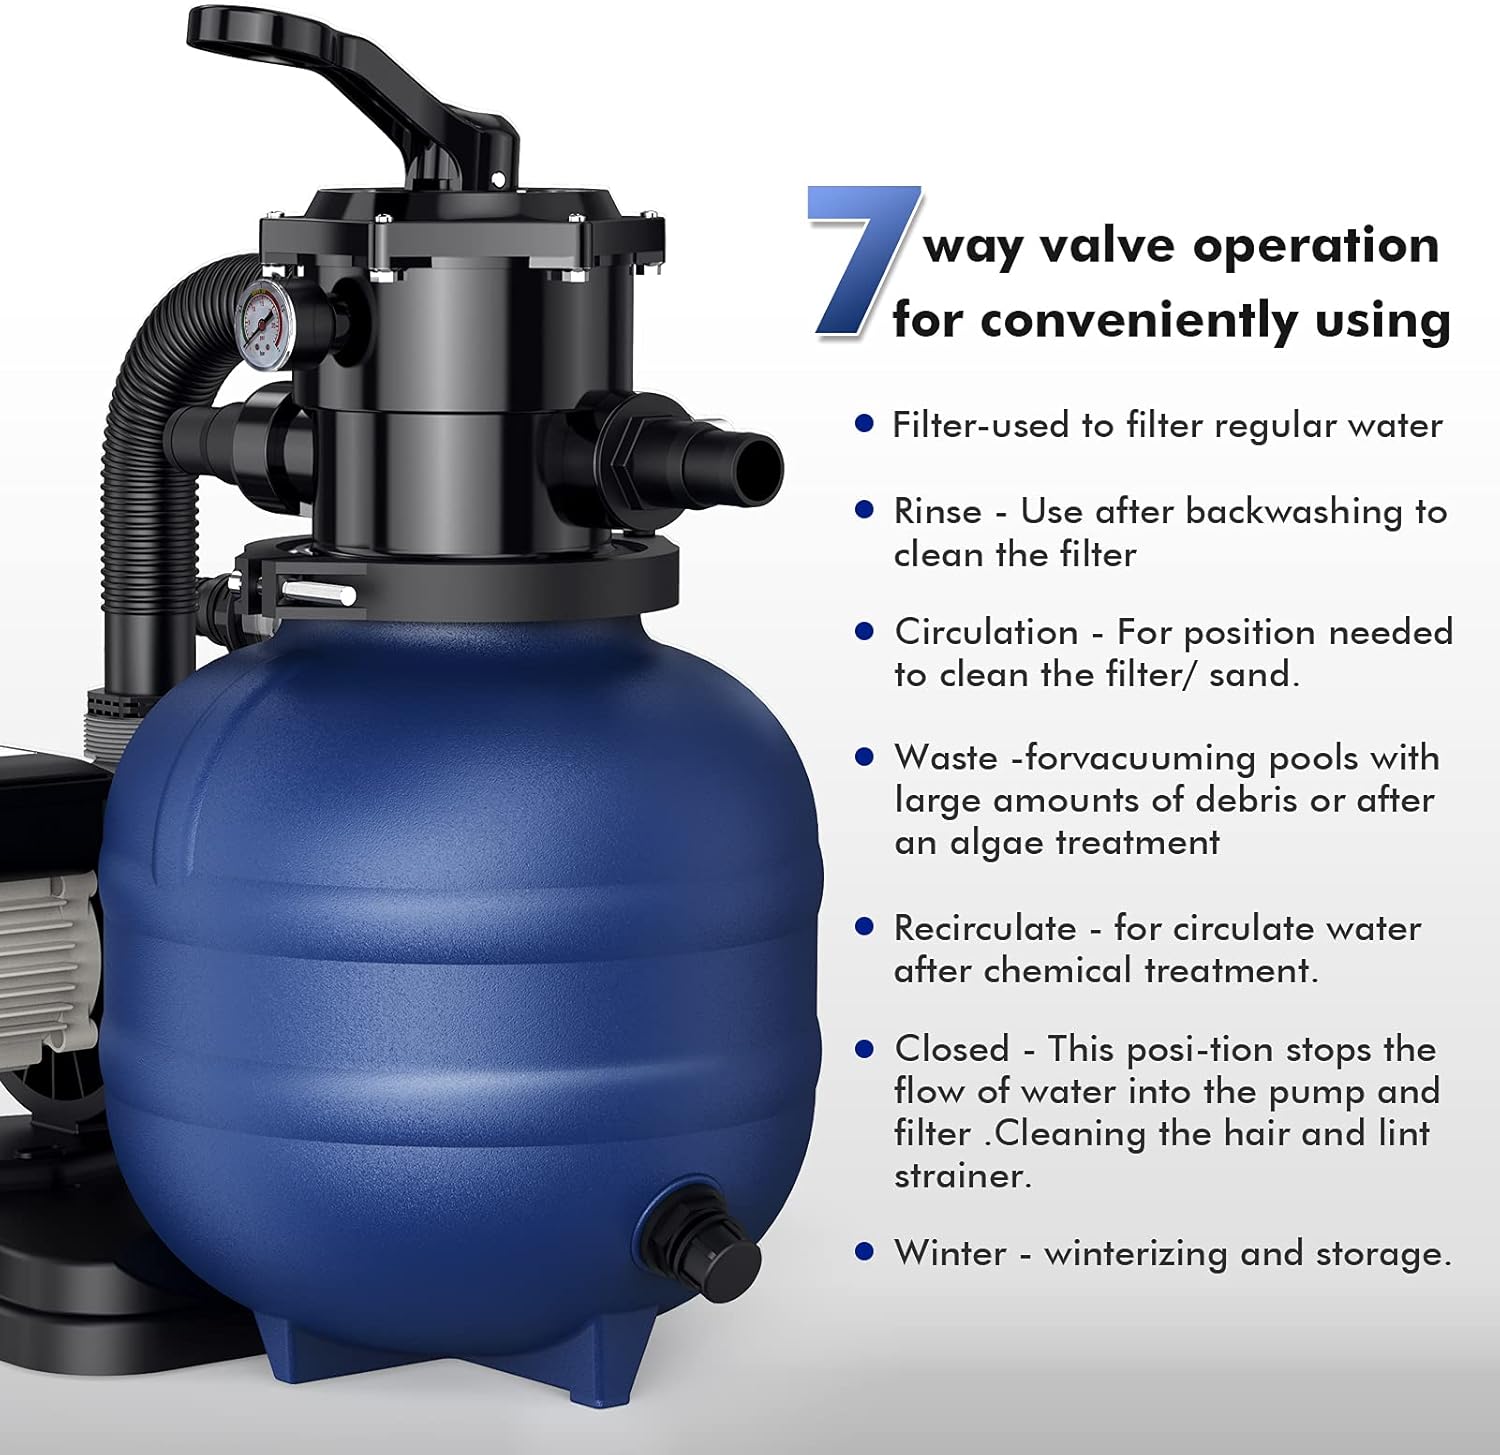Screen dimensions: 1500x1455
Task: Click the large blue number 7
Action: coord(862,260)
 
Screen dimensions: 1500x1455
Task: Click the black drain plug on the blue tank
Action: coord(699,1240)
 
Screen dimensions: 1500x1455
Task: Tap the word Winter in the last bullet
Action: coord(950,1253)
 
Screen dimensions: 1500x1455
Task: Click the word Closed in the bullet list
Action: coord(952,1049)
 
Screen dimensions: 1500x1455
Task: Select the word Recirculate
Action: coord(985,928)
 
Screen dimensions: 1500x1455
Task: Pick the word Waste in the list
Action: coord(946,758)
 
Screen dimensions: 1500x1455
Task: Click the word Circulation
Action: coord(986,632)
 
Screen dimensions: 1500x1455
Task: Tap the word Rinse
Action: coord(938,512)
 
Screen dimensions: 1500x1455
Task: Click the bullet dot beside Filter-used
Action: coord(865,424)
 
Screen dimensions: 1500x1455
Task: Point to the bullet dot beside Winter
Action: coord(865,1251)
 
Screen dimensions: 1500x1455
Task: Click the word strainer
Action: coord(962,1176)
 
